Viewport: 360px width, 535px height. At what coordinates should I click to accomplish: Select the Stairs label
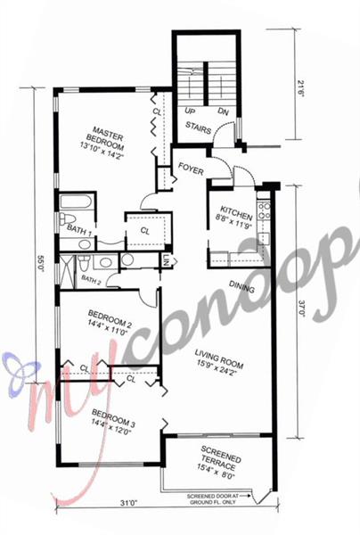point(198,128)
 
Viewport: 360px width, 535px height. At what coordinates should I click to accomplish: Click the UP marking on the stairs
point(190,111)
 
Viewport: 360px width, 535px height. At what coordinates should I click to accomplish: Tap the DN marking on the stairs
point(223,111)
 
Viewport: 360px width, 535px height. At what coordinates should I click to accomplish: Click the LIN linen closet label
point(166,260)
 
